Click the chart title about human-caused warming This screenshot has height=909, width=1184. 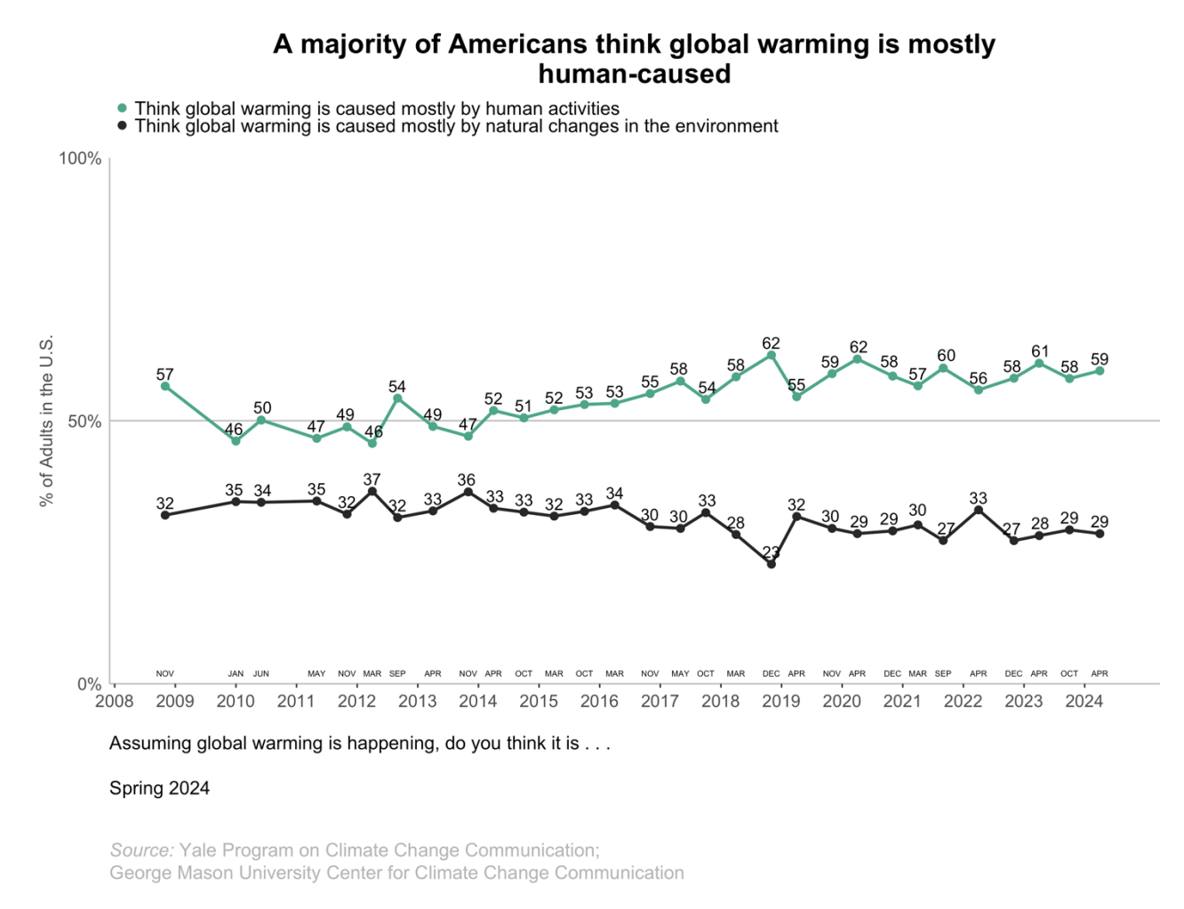pyautogui.click(x=634, y=58)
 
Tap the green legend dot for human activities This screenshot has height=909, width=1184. pyautogui.click(x=123, y=109)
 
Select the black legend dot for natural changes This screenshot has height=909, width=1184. pyautogui.click(x=123, y=126)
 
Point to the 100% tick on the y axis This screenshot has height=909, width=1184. pyautogui.click(x=80, y=158)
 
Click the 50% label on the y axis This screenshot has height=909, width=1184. pyautogui.click(x=84, y=422)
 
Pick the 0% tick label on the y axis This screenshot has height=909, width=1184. pyautogui.click(x=89, y=684)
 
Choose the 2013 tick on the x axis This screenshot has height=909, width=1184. pyautogui.click(x=417, y=701)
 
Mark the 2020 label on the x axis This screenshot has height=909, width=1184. pyautogui.click(x=841, y=701)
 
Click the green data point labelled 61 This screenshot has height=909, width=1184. pyautogui.click(x=1039, y=363)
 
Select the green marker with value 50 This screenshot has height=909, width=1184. pyautogui.click(x=261, y=420)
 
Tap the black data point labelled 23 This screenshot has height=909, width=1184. pyautogui.click(x=771, y=564)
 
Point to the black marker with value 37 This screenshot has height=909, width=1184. pyautogui.click(x=372, y=491)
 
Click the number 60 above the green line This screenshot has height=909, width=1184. pyautogui.click(x=946, y=356)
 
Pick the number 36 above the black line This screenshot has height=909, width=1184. pyautogui.click(x=466, y=480)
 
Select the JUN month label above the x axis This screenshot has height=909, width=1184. pyautogui.click(x=260, y=673)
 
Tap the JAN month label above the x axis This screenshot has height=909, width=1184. pyautogui.click(x=236, y=673)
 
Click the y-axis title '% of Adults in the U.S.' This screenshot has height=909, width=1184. pyautogui.click(x=47, y=421)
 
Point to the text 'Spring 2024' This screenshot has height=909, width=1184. pyautogui.click(x=159, y=788)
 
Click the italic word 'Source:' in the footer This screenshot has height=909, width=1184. pyautogui.click(x=141, y=850)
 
